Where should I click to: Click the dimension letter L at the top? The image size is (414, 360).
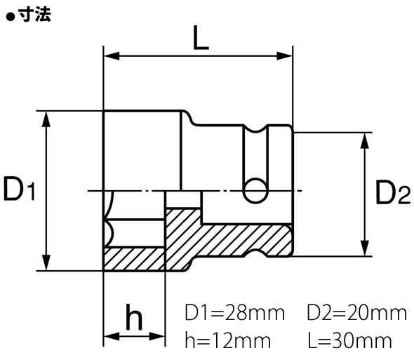(200, 39)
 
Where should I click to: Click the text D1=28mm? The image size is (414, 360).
(235, 312)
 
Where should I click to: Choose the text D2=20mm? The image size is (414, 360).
(356, 312)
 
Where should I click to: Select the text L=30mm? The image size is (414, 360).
(349, 342)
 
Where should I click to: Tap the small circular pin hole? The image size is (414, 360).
(255, 189)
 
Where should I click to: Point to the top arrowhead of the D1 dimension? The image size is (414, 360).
(47, 116)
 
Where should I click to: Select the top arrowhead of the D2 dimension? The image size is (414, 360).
(365, 138)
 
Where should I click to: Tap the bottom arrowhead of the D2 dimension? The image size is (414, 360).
(365, 251)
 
